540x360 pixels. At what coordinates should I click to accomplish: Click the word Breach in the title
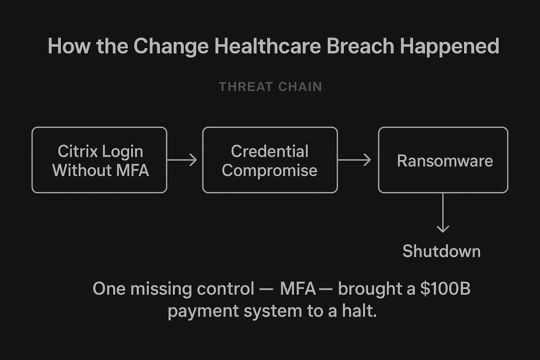360,46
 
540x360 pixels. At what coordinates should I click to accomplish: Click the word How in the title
69,46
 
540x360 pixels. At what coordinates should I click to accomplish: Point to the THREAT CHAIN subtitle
270,87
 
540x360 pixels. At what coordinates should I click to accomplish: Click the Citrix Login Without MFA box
99,160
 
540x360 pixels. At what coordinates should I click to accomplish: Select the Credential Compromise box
270,160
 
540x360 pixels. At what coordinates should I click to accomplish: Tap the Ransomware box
443,160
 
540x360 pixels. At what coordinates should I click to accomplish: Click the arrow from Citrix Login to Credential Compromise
182,160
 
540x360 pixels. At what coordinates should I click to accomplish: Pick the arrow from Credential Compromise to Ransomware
354,160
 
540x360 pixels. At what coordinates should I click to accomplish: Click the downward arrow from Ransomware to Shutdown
443,213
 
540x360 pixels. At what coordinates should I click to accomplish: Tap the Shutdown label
441,251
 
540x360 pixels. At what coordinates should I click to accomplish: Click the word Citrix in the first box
78,152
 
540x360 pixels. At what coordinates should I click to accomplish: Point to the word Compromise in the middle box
269,171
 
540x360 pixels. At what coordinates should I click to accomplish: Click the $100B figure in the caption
445,289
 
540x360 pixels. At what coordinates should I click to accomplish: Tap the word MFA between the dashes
298,289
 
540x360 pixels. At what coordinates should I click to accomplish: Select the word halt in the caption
359,311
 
